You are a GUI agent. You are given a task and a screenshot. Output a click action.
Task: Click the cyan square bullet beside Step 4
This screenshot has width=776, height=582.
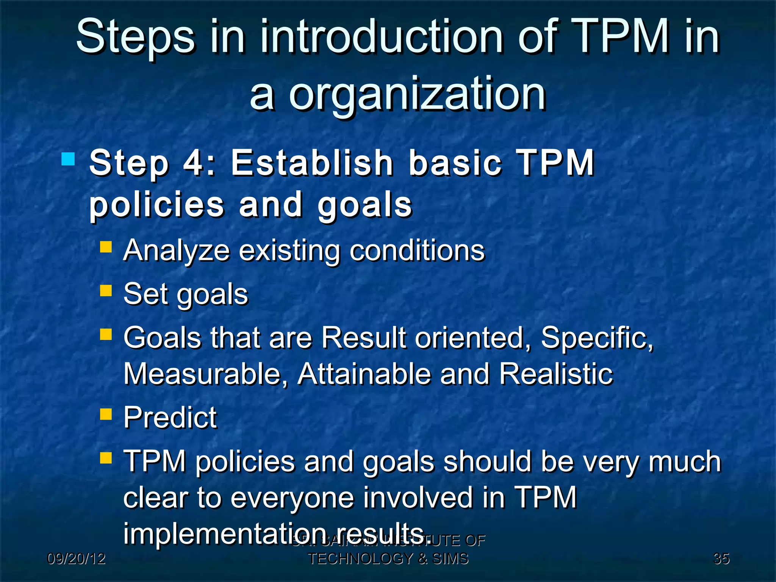tap(68, 159)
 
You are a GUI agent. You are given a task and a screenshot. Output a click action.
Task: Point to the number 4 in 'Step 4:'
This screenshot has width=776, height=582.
tap(194, 163)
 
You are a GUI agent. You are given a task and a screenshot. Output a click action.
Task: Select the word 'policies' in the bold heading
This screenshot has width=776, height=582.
tap(157, 206)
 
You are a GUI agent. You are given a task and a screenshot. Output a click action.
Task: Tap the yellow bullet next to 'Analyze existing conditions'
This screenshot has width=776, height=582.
tap(106, 247)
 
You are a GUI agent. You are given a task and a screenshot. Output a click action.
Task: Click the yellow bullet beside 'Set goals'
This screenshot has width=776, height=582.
tap(106, 291)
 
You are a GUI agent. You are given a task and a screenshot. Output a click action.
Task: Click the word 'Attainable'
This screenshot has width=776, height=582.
tap(364, 374)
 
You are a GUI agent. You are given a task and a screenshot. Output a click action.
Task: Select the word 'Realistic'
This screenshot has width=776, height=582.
tap(556, 374)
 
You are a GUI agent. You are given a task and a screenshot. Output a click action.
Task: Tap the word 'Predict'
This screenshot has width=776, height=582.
tap(170, 418)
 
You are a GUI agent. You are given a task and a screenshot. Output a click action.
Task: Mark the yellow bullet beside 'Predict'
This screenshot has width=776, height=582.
tap(106, 414)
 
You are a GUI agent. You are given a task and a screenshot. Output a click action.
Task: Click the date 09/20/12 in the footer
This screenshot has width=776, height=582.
tap(76, 559)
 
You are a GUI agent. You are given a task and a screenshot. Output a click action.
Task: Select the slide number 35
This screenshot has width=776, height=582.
tap(721, 559)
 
